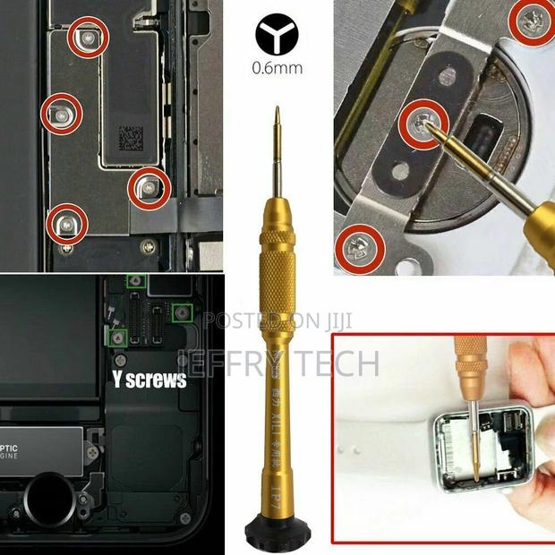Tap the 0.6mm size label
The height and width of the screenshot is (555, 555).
(277, 68)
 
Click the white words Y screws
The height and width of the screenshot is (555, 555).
(149, 380)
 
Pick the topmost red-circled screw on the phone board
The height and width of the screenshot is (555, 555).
(89, 36)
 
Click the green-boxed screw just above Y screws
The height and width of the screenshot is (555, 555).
(115, 336)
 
